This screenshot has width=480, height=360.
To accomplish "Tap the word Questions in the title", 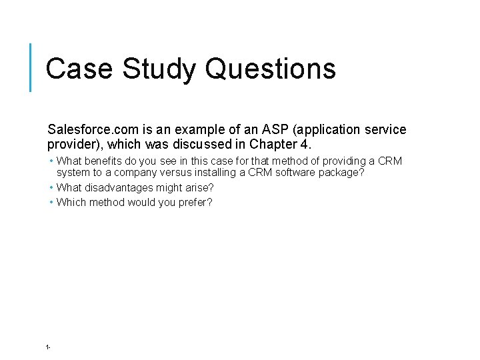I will [x=271, y=69].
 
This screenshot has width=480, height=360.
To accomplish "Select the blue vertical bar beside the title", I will [x=31, y=67].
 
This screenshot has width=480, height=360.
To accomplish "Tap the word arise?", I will [x=199, y=188].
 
